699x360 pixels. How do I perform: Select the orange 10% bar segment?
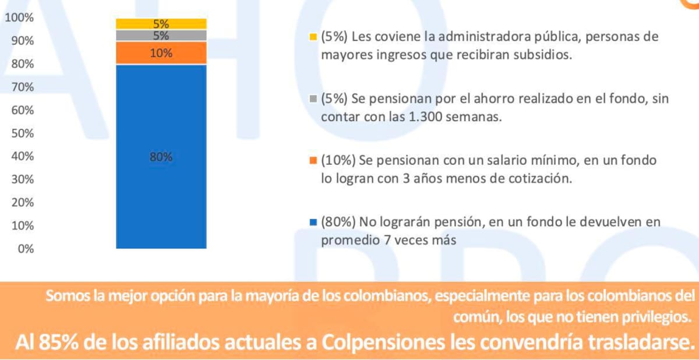click(161, 53)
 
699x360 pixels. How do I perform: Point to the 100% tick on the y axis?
click(19, 18)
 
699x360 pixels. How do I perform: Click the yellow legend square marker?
click(313, 37)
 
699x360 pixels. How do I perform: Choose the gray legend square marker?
click(313, 99)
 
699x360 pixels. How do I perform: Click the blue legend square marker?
click(313, 222)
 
